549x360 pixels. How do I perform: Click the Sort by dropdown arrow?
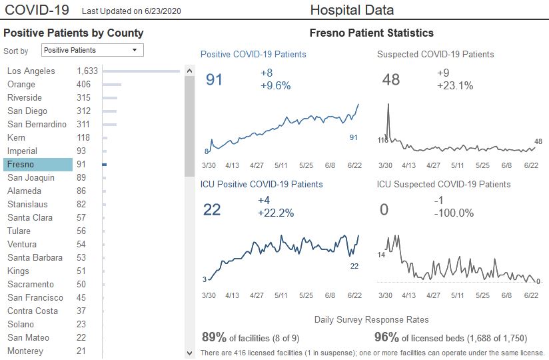pyautogui.click(x=135, y=50)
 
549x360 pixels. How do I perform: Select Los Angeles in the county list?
pyautogui.click(x=31, y=71)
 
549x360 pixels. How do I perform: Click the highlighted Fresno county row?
pyautogui.click(x=37, y=165)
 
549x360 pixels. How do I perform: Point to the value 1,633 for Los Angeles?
pyautogui.click(x=87, y=71)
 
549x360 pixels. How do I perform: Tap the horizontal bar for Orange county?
pyautogui.click(x=111, y=85)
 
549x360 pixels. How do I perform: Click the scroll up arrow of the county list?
pyautogui.click(x=189, y=71)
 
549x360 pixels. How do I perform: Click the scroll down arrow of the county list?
pyautogui.click(x=189, y=352)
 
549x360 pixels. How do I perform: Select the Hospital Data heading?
pyautogui.click(x=352, y=10)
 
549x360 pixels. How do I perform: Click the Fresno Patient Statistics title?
pyautogui.click(x=372, y=33)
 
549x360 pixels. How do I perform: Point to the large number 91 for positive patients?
pyautogui.click(x=215, y=80)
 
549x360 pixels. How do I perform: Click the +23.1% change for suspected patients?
pyautogui.click(x=455, y=85)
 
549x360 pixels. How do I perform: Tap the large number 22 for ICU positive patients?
pyautogui.click(x=212, y=210)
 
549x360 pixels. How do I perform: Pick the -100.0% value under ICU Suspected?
pyautogui.click(x=455, y=213)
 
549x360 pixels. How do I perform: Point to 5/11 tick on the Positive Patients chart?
pyautogui.click(x=280, y=165)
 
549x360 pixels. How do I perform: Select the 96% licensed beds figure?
pyautogui.click(x=386, y=337)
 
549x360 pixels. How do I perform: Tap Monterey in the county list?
pyautogui.click(x=25, y=351)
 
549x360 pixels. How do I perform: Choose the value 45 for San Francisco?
pyautogui.click(x=83, y=298)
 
